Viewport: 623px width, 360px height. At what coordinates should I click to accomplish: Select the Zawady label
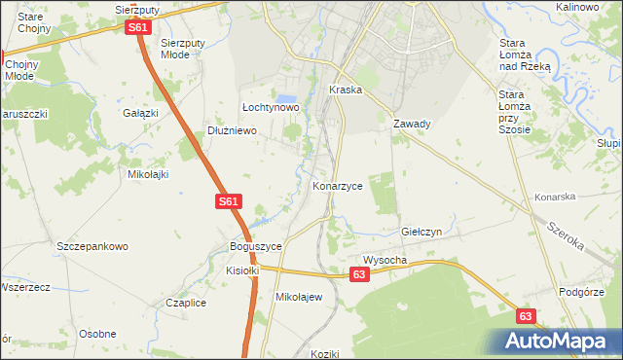point(412,124)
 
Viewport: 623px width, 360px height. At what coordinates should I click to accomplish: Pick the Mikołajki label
point(149,175)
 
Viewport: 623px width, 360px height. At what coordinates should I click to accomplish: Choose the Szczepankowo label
point(92,247)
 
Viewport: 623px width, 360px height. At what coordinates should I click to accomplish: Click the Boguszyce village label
point(255,247)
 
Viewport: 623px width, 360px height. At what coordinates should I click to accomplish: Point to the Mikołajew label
point(299,297)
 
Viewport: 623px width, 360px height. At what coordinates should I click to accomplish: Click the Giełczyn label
point(421,233)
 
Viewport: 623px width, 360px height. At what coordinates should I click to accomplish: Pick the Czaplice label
point(185,303)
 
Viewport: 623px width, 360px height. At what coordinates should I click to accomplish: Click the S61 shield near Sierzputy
point(138,28)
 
